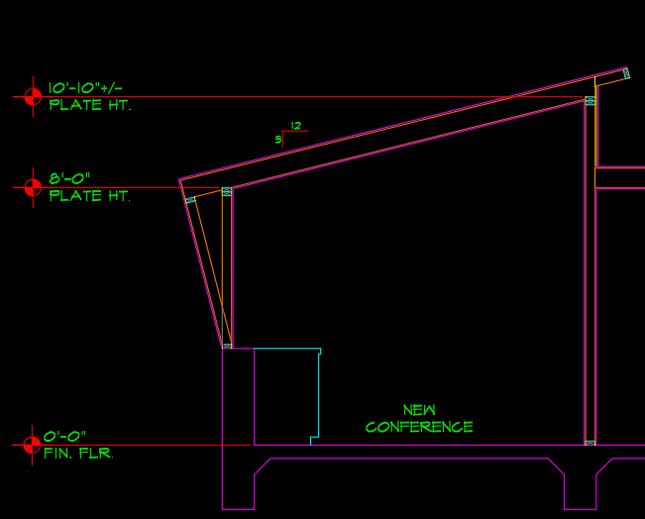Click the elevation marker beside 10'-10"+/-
(x=33, y=96)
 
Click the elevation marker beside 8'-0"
(x=33, y=186)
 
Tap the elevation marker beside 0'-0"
(x=33, y=445)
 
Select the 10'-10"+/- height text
(x=85, y=88)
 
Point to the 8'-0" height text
(x=69, y=178)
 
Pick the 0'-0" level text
(x=65, y=436)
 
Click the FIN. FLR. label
(x=78, y=454)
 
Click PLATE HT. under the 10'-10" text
(x=89, y=105)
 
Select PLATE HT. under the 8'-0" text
(x=89, y=196)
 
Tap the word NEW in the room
(x=419, y=409)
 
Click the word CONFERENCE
(x=419, y=427)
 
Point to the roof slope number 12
(x=294, y=125)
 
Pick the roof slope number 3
(x=278, y=140)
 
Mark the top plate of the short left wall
(x=227, y=191)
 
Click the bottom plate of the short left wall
(x=227, y=346)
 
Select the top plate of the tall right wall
(x=591, y=101)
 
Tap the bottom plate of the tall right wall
(x=591, y=442)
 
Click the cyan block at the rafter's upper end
(x=626, y=73)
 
